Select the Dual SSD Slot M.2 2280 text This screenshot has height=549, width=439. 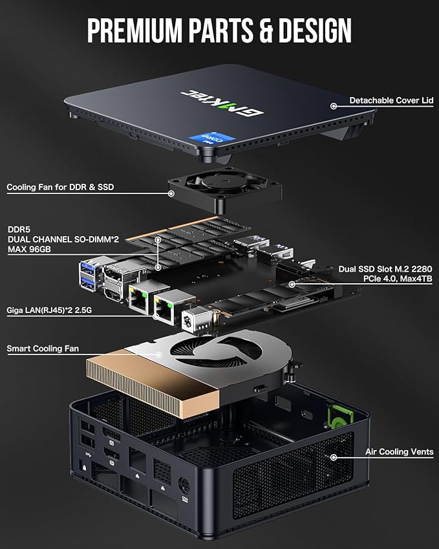click(x=386, y=269)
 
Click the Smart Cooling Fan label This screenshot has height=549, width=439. click(x=43, y=349)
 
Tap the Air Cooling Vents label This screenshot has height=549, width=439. click(x=399, y=452)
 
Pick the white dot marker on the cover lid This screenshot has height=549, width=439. click(x=334, y=105)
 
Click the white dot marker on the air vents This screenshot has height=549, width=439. click(x=334, y=457)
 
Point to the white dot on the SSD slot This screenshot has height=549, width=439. click(x=292, y=283)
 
